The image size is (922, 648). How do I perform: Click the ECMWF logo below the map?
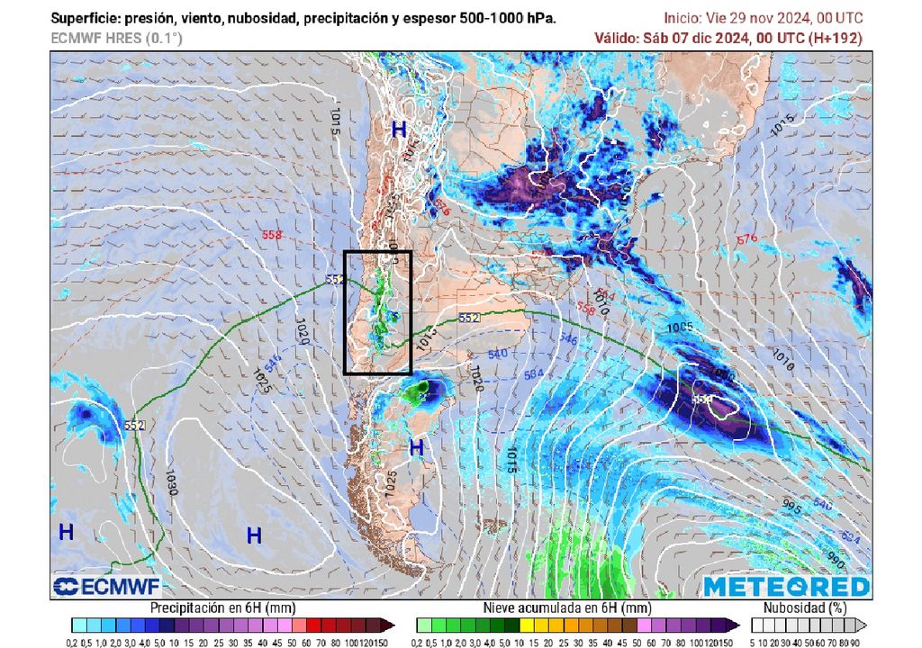point(106,587)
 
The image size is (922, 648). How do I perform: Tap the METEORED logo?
point(787,587)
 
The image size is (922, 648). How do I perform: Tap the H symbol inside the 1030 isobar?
point(254,536)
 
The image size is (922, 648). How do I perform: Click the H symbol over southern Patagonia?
point(416,447)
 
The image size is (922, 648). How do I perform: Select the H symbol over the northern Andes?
point(399,130)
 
